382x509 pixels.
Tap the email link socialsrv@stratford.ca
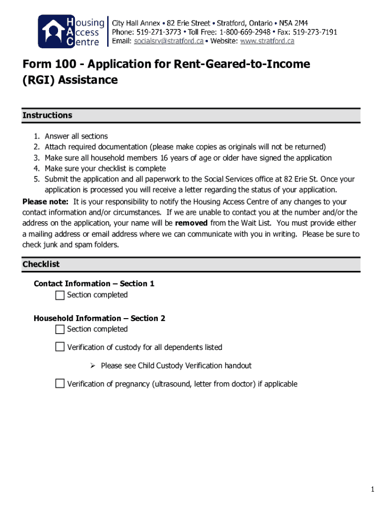pos(169,41)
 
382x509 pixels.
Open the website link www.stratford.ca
pos(267,41)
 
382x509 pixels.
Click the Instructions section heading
pos(47,115)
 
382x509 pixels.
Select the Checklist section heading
pos(41,264)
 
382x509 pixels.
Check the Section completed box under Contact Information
pos(60,295)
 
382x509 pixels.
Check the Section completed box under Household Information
pos(60,329)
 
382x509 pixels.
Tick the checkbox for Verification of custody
pos(60,347)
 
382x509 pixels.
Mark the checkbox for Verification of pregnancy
pos(60,383)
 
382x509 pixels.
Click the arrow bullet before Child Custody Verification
pos(92,366)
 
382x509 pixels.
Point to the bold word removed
pos(191,223)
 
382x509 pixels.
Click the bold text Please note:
pos(45,202)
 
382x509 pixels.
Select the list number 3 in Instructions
pos(36,158)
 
